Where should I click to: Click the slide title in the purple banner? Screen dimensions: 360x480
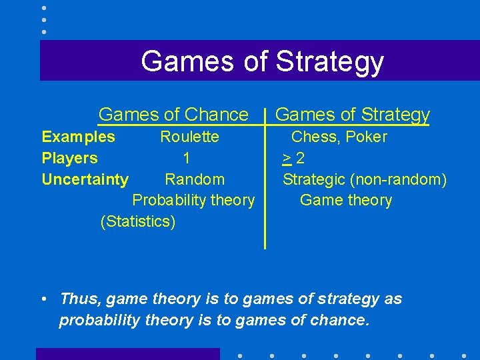pyautogui.click(x=262, y=61)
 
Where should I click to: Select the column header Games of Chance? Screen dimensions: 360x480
pyautogui.click(x=173, y=115)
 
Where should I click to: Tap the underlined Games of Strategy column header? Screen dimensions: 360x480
pyautogui.click(x=352, y=115)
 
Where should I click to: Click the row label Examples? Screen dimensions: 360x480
pyautogui.click(x=78, y=137)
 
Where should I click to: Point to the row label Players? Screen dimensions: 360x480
pyautogui.click(x=69, y=159)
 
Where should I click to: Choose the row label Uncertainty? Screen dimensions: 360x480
pyautogui.click(x=85, y=179)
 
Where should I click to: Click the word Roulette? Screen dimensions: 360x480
pyautogui.click(x=189, y=137)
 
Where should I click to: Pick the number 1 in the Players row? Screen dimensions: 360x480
pyautogui.click(x=187, y=159)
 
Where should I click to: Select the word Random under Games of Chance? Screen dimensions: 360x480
pyautogui.click(x=195, y=179)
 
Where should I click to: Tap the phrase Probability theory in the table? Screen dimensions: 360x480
pyautogui.click(x=193, y=200)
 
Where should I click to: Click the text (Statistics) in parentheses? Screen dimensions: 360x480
pyautogui.click(x=138, y=221)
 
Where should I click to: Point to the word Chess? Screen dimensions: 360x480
pyautogui.click(x=314, y=137)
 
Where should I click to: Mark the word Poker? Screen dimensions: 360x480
pyautogui.click(x=366, y=137)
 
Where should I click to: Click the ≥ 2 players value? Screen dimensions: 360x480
pyautogui.click(x=293, y=159)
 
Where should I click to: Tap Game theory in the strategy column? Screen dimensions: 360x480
pyautogui.click(x=346, y=200)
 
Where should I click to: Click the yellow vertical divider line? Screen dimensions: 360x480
pyautogui.click(x=265, y=187)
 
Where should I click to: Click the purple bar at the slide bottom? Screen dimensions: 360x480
pyautogui.click(x=127, y=353)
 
